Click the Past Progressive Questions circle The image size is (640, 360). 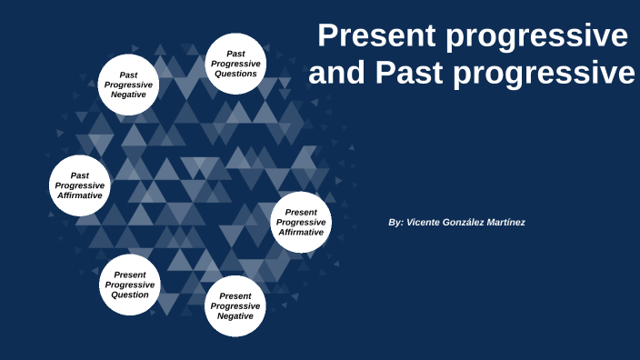[x=235, y=64]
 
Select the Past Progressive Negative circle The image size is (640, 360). [x=128, y=85]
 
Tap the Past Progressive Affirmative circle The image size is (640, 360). [x=80, y=185]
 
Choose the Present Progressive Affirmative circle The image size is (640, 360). [x=301, y=222]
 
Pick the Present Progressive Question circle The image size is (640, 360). [x=130, y=285]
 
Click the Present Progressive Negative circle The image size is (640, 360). [x=235, y=305]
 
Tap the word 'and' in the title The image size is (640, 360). [x=336, y=74]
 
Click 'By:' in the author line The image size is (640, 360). [x=395, y=223]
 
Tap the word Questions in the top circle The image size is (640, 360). [x=235, y=74]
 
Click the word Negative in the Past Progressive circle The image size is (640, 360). [x=128, y=95]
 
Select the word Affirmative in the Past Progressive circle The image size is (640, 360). [x=80, y=195]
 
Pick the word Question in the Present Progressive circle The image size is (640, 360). [x=130, y=295]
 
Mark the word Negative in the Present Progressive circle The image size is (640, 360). [x=235, y=316]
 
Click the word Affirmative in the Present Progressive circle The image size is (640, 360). [x=301, y=232]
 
